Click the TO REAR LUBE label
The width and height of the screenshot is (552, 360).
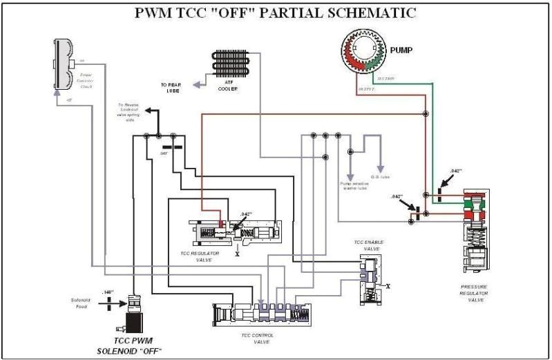(x=175, y=88)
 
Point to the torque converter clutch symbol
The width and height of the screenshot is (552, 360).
(x=64, y=61)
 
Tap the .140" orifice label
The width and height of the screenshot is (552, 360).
(x=107, y=292)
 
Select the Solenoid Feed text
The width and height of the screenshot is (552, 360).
(x=80, y=302)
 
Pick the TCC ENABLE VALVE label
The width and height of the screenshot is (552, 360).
(x=369, y=245)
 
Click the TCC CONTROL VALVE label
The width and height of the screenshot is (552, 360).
(x=259, y=339)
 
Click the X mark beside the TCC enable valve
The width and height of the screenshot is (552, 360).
(x=388, y=285)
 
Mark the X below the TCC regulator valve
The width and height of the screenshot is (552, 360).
(x=238, y=254)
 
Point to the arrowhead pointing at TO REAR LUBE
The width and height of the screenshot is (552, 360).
(x=196, y=86)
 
